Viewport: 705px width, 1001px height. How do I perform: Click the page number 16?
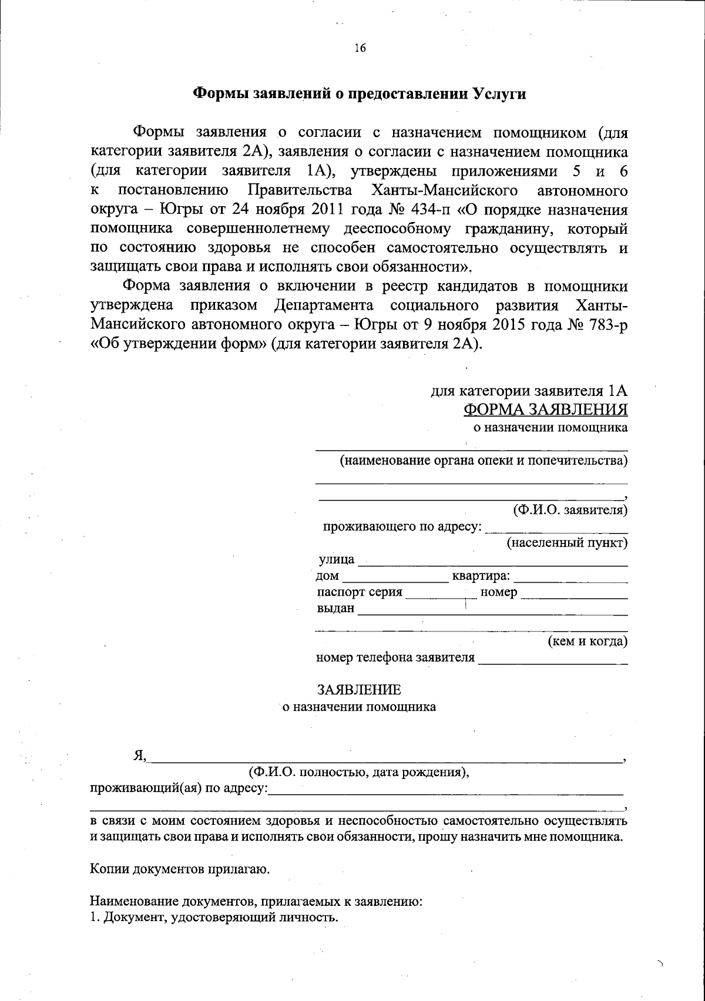[360, 49]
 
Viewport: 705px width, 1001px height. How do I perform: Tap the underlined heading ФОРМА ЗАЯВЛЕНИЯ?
[545, 409]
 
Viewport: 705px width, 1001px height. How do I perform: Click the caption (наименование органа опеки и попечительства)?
[484, 461]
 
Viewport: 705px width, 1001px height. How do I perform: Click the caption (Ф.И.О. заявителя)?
[570, 510]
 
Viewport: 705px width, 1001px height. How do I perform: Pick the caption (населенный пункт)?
[568, 543]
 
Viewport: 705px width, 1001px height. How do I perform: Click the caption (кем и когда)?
[587, 641]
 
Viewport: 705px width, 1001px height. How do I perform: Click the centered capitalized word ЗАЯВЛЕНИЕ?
[359, 689]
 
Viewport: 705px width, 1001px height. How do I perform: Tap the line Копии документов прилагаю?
[180, 868]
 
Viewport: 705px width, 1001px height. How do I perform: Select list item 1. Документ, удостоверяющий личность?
[214, 917]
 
